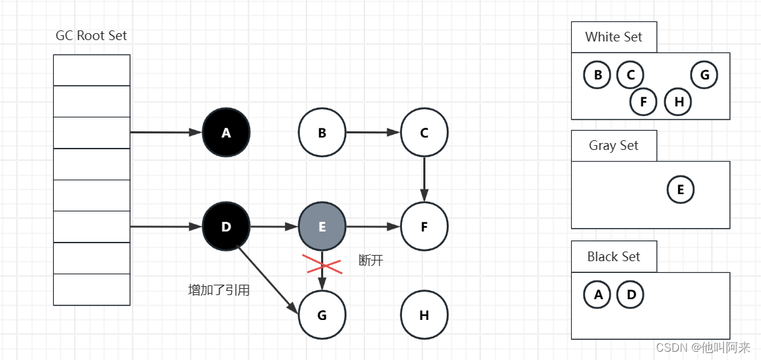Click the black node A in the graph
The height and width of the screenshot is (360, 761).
(x=226, y=132)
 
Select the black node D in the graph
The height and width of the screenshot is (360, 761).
(x=226, y=226)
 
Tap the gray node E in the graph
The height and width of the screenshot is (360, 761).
(x=322, y=226)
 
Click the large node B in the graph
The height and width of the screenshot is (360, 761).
(x=322, y=132)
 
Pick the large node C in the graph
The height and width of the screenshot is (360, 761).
(x=424, y=132)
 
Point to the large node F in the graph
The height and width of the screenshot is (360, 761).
(x=424, y=226)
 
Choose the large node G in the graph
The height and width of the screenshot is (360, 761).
(x=322, y=315)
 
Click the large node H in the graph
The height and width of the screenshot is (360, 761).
(x=424, y=315)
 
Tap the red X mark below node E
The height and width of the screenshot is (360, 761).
(x=322, y=263)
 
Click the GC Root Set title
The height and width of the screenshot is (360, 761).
(x=91, y=36)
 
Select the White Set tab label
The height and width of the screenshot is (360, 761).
(x=613, y=37)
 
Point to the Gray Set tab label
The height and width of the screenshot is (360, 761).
(x=613, y=146)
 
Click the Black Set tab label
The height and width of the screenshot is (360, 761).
(x=613, y=257)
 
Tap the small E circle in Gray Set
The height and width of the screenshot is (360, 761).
(x=680, y=189)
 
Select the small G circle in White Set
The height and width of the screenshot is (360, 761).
(x=704, y=75)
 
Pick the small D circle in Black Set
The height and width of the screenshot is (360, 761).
(x=630, y=295)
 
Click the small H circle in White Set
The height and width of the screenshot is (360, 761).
(x=678, y=102)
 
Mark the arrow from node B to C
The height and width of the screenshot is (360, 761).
(x=373, y=132)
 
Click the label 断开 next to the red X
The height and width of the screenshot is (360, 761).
(x=371, y=260)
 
